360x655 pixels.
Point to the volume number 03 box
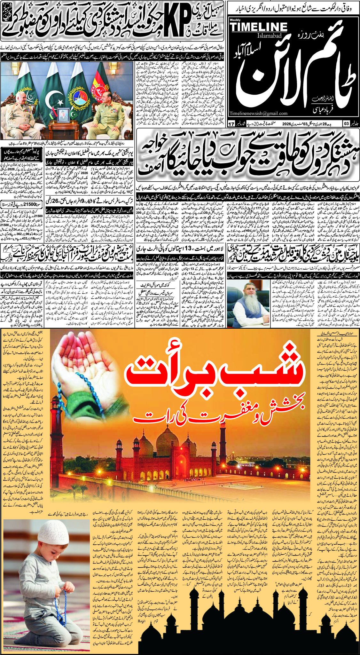346,124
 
